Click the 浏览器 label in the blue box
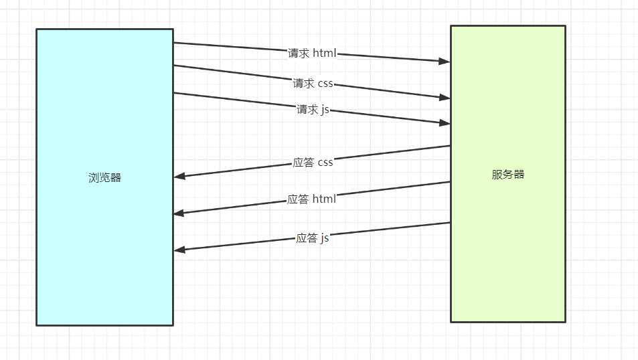(x=105, y=177)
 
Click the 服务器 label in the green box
(x=508, y=175)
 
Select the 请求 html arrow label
(x=312, y=53)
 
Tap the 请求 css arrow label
(x=313, y=84)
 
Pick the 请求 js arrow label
(x=313, y=110)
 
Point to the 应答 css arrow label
(x=313, y=163)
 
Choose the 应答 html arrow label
(x=311, y=199)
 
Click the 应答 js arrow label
(x=313, y=238)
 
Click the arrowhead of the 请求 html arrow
(x=444, y=61)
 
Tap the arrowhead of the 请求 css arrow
(x=444, y=98)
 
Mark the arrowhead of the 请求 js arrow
(x=444, y=123)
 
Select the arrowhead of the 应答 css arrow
(x=179, y=177)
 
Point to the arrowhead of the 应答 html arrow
(x=179, y=213)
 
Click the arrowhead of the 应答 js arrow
(x=179, y=250)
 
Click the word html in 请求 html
(x=324, y=53)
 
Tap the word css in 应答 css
(x=325, y=163)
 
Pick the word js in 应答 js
(x=325, y=238)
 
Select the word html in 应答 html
(x=323, y=199)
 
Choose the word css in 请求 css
(x=325, y=84)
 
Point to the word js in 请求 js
(x=325, y=110)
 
